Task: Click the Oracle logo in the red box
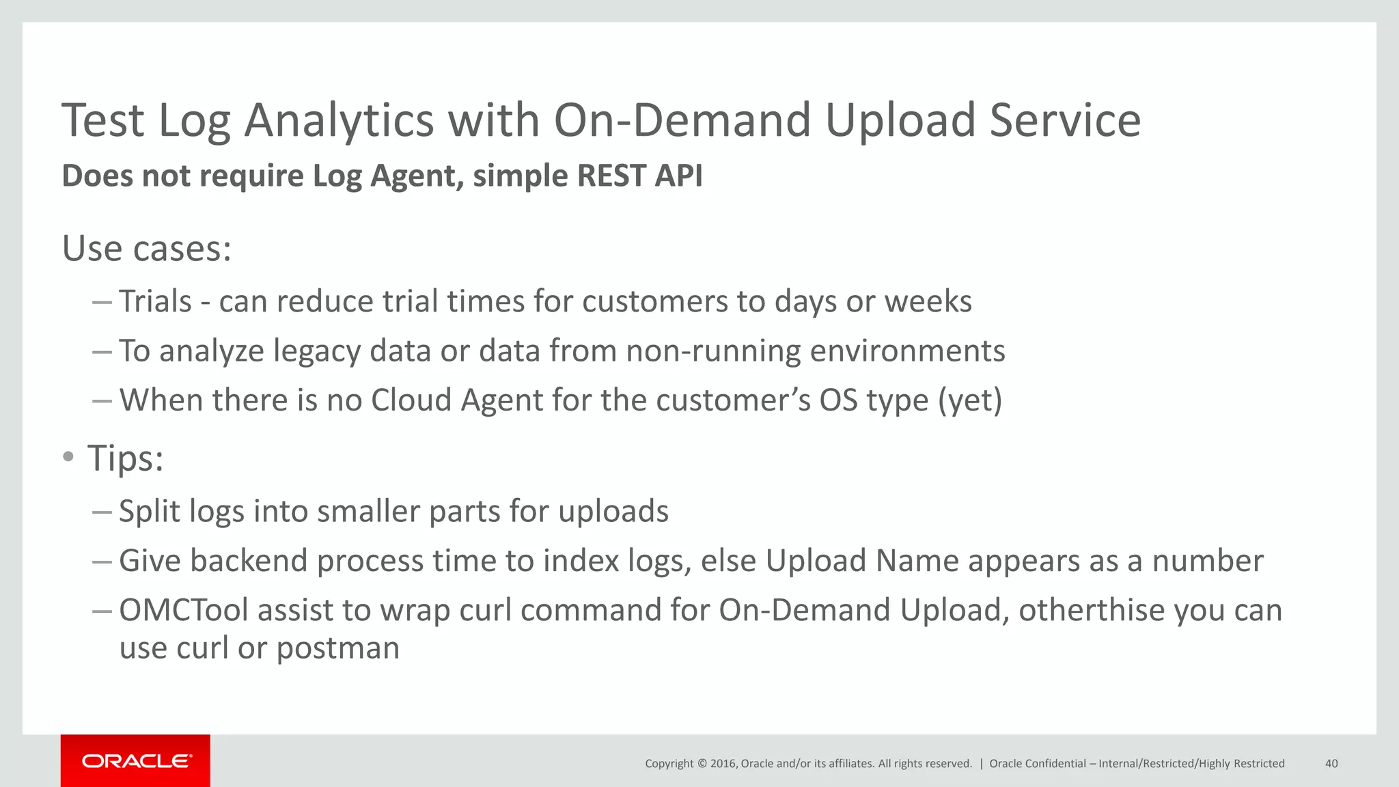136,761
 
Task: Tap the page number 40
1331,764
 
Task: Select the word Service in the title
1065,120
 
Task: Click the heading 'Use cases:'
147,248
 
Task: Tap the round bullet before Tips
68,457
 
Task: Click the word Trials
156,301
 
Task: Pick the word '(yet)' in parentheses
970,400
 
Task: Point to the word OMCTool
184,610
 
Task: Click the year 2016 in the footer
723,764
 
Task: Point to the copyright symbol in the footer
702,764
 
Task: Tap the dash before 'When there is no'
102,401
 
